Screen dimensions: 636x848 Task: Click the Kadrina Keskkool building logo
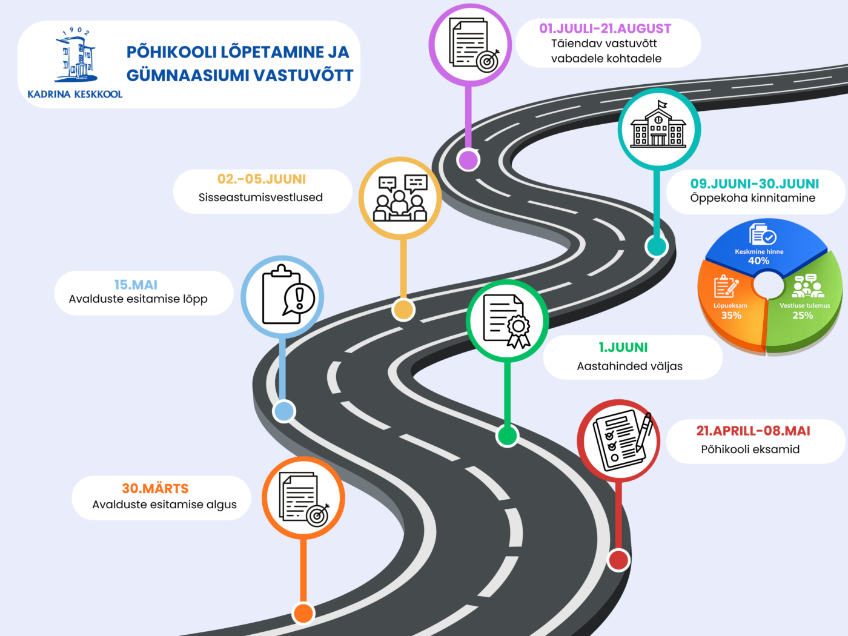pyautogui.click(x=76, y=56)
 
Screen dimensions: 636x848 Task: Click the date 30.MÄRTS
pyautogui.click(x=155, y=488)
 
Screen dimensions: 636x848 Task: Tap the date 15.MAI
pyautogui.click(x=136, y=285)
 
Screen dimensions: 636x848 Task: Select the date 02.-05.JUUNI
pyautogui.click(x=262, y=179)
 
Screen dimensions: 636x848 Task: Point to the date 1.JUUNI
pyautogui.click(x=623, y=348)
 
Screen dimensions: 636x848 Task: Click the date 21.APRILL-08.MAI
pyautogui.click(x=753, y=431)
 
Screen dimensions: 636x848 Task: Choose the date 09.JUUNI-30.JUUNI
pyautogui.click(x=755, y=184)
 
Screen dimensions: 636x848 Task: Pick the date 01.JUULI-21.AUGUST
pyautogui.click(x=605, y=28)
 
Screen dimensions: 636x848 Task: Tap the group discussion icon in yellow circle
pyautogui.click(x=400, y=198)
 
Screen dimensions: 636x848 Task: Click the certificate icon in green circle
pyautogui.click(x=507, y=321)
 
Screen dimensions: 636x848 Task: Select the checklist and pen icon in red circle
pyautogui.click(x=618, y=440)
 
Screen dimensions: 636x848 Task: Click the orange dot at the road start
pyautogui.click(x=303, y=613)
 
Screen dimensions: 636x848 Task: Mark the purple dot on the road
pyautogui.click(x=468, y=160)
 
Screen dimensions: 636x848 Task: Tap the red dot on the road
pyautogui.click(x=618, y=560)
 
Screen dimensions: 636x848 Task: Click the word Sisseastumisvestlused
pyautogui.click(x=260, y=197)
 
